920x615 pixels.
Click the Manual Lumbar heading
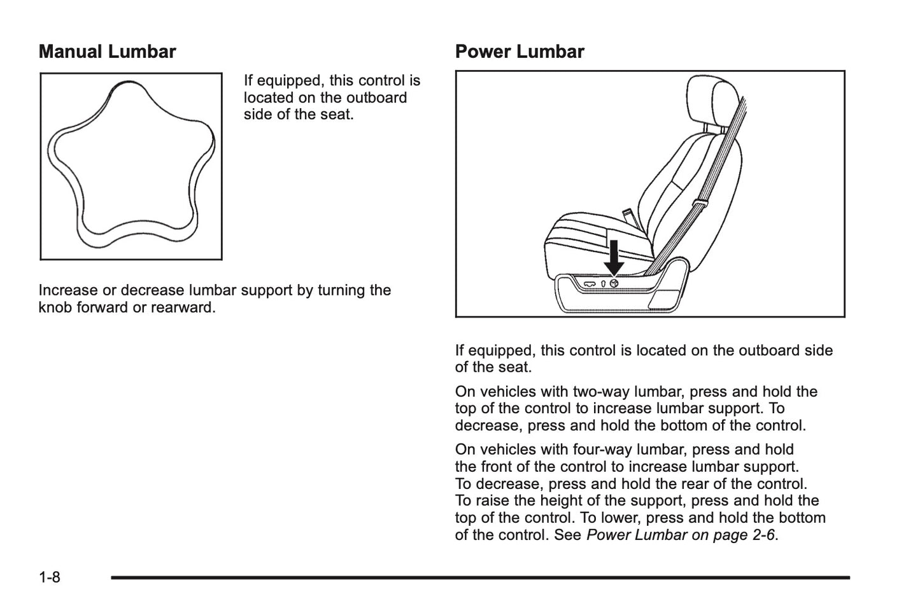[x=107, y=52]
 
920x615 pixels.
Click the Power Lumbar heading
[x=520, y=52]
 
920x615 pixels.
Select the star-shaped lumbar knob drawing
[x=131, y=166]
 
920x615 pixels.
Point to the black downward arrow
[x=614, y=257]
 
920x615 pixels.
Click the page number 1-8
[x=50, y=577]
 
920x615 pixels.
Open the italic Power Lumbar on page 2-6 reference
[x=680, y=535]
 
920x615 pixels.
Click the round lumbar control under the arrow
[x=614, y=283]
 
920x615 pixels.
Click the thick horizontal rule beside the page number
[x=480, y=577]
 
